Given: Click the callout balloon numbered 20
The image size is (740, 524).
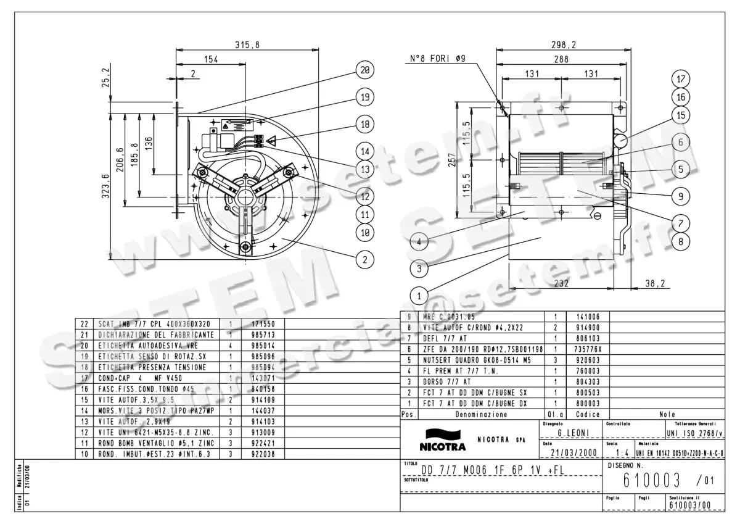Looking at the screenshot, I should pos(365,70).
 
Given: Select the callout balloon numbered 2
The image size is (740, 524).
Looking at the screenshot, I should pos(365,260).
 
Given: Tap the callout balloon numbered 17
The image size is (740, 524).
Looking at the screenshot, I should pos(681,79).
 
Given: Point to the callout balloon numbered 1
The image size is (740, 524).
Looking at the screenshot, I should pos(419,296).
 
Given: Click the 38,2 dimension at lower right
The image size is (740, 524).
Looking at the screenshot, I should pos(654,284).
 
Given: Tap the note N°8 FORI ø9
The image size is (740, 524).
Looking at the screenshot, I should pos(439,60).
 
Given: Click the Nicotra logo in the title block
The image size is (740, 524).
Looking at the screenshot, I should pos(442,439).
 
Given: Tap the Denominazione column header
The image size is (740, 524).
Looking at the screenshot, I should pos(482,415).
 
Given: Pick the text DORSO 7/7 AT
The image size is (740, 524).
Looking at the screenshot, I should pos(446,382).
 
